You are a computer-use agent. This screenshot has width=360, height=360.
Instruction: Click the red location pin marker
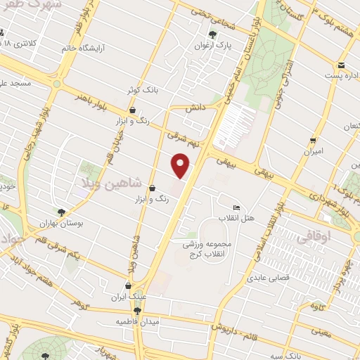(x=181, y=166)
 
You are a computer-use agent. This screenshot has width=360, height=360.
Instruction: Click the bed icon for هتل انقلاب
(x=236, y=208)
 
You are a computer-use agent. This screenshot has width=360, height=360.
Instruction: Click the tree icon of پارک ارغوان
(x=212, y=34)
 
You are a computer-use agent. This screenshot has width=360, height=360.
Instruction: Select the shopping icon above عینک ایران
(x=127, y=286)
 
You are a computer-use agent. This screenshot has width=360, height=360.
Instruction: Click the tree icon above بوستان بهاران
(x=62, y=212)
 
